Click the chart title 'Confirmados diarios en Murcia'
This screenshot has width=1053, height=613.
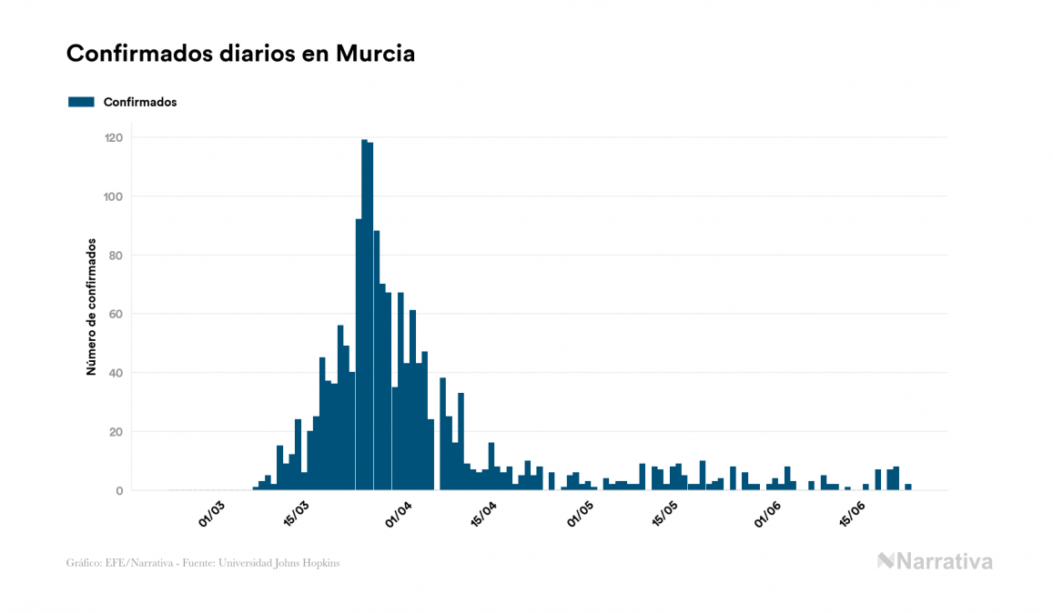(240, 54)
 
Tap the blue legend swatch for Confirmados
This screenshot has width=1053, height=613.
(81, 102)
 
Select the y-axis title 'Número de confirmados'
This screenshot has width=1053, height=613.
(91, 306)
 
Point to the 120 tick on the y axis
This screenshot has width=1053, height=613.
(113, 137)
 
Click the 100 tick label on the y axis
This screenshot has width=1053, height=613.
(113, 196)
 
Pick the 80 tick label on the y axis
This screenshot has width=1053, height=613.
(116, 256)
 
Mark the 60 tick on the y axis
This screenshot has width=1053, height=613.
(116, 314)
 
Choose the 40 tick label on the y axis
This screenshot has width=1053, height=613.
(116, 373)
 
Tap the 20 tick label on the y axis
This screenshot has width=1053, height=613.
(116, 432)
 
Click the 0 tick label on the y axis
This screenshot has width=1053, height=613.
(118, 491)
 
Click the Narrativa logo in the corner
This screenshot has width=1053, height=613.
(935, 561)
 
